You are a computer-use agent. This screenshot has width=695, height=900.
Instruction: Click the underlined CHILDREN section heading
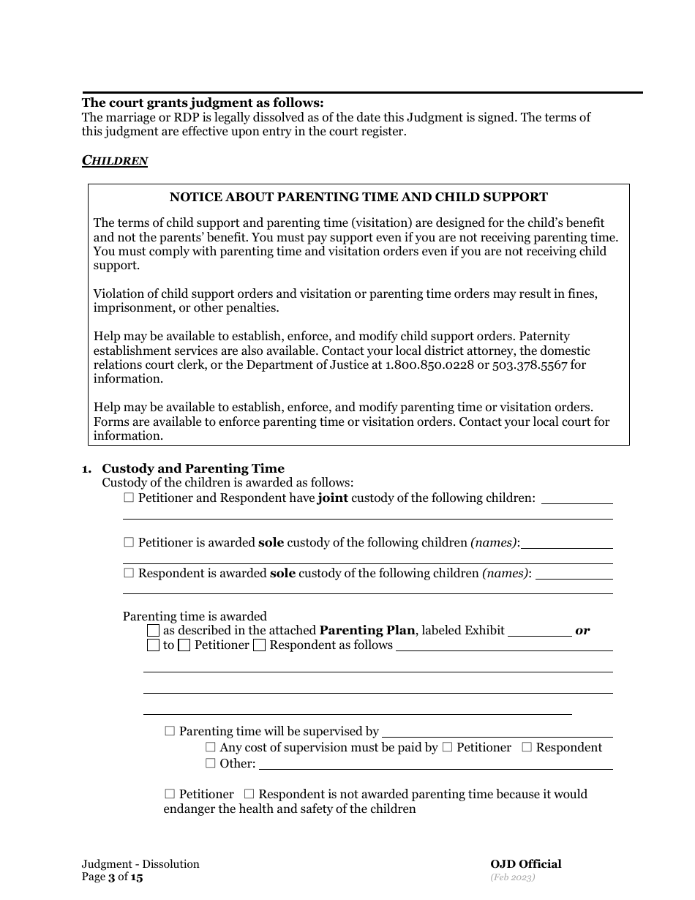pyautogui.click(x=115, y=160)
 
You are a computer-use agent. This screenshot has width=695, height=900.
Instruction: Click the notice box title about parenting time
pyautogui.click(x=358, y=197)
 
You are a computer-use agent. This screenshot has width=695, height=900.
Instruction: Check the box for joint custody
pyautogui.click(x=129, y=498)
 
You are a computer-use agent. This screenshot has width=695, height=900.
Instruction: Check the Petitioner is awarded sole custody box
pyautogui.click(x=129, y=543)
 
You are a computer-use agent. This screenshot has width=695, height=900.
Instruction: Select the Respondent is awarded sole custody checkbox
pyautogui.click(x=129, y=574)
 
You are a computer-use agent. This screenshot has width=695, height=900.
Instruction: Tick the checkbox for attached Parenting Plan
pyautogui.click(x=153, y=630)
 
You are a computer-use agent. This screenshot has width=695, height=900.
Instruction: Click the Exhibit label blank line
pyautogui.click(x=539, y=631)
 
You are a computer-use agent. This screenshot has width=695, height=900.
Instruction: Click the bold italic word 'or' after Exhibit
pyautogui.click(x=582, y=630)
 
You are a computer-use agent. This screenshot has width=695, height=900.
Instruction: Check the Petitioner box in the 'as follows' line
pyautogui.click(x=184, y=645)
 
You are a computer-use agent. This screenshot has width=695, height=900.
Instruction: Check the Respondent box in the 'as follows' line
pyautogui.click(x=259, y=645)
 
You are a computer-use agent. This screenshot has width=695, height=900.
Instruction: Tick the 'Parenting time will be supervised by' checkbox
pyautogui.click(x=170, y=731)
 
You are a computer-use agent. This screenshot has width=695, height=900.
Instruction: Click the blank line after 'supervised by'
pyautogui.click(x=497, y=732)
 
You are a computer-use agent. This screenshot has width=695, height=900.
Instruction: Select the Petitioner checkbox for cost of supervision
pyautogui.click(x=448, y=747)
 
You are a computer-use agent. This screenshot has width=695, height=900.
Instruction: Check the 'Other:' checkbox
pyautogui.click(x=211, y=763)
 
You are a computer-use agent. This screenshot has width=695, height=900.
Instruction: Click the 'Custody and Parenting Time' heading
pyautogui.click(x=193, y=468)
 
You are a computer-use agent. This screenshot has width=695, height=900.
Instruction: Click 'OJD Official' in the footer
pyautogui.click(x=526, y=864)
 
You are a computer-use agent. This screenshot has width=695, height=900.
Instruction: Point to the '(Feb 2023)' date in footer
pyautogui.click(x=513, y=877)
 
